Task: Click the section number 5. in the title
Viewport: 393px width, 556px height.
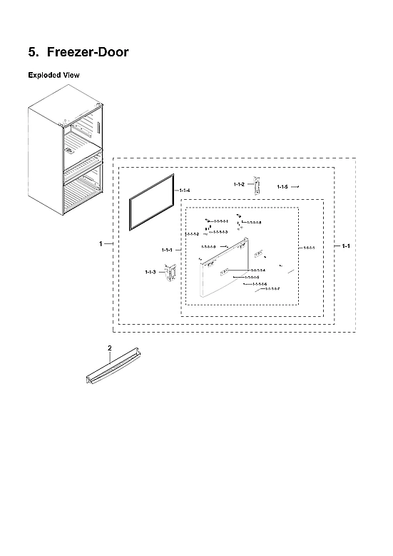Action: click(33, 53)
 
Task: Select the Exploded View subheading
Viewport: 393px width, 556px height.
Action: click(53, 75)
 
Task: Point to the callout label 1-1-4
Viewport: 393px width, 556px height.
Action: click(185, 191)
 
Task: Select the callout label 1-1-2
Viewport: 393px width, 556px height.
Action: click(239, 184)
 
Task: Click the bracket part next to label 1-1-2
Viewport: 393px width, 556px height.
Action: click(259, 186)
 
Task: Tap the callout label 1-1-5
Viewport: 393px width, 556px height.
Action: click(282, 186)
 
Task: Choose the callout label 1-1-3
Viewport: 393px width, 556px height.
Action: click(150, 272)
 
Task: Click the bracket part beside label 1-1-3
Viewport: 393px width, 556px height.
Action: click(170, 273)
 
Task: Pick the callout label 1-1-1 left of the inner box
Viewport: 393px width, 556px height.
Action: click(168, 249)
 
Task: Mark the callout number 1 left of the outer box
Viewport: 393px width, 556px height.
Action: click(101, 244)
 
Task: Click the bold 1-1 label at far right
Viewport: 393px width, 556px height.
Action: click(345, 246)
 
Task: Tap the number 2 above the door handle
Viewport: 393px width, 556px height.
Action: click(109, 348)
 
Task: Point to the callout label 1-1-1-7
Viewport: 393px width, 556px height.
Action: click(272, 288)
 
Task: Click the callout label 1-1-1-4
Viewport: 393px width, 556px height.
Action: click(257, 271)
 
